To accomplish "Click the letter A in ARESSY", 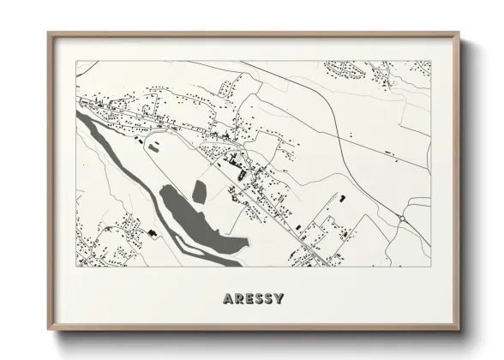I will point(228,299).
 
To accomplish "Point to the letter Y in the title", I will point(279,299).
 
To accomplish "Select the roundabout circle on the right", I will point(402,219).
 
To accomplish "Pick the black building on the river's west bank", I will point(152,232).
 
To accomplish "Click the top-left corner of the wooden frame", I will point(48,33).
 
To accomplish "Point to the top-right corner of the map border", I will point(431,61).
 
